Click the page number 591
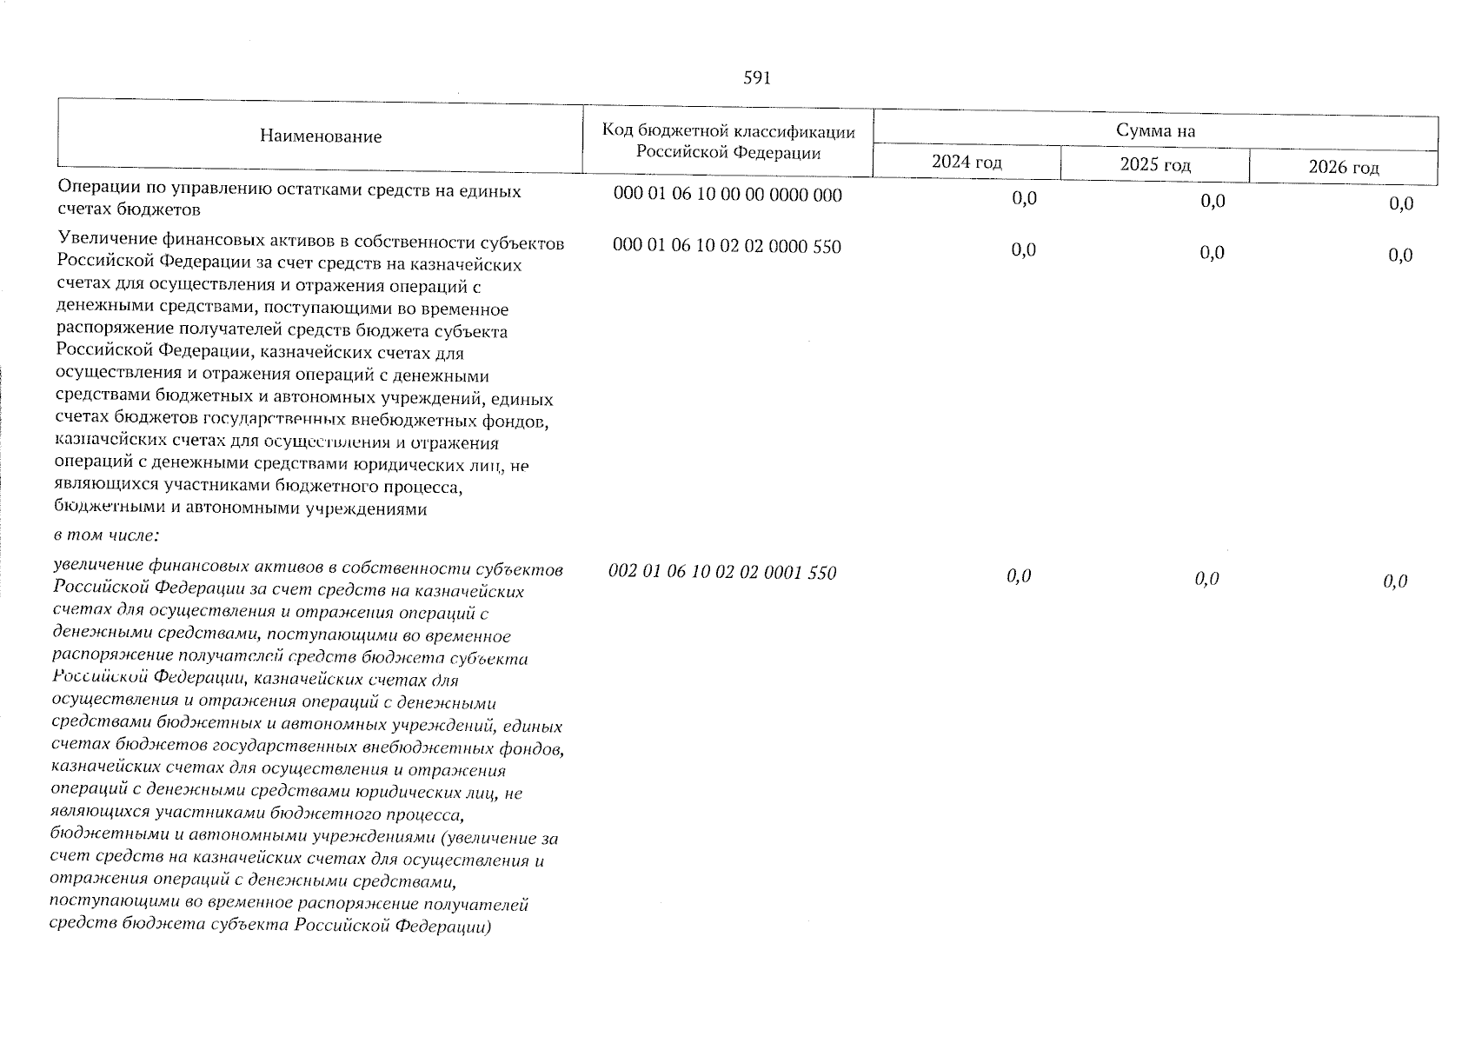[x=756, y=79]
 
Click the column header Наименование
[x=320, y=136]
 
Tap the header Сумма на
[x=1155, y=131]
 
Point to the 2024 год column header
[x=966, y=163]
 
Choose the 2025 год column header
[x=1154, y=164]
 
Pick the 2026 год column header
[x=1343, y=168]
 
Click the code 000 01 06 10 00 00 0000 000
[x=727, y=196]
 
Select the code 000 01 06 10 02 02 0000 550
[x=727, y=247]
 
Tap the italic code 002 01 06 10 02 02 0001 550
[x=722, y=573]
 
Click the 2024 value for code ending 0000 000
[x=1024, y=199]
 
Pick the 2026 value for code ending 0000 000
[x=1400, y=204]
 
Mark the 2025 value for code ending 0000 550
[x=1212, y=252]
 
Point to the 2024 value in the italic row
[x=1019, y=575]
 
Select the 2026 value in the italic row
[x=1395, y=581]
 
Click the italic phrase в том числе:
[x=105, y=534]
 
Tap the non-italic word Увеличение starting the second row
[x=104, y=242]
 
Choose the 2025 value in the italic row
[x=1206, y=578]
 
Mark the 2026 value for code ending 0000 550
[x=1400, y=255]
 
